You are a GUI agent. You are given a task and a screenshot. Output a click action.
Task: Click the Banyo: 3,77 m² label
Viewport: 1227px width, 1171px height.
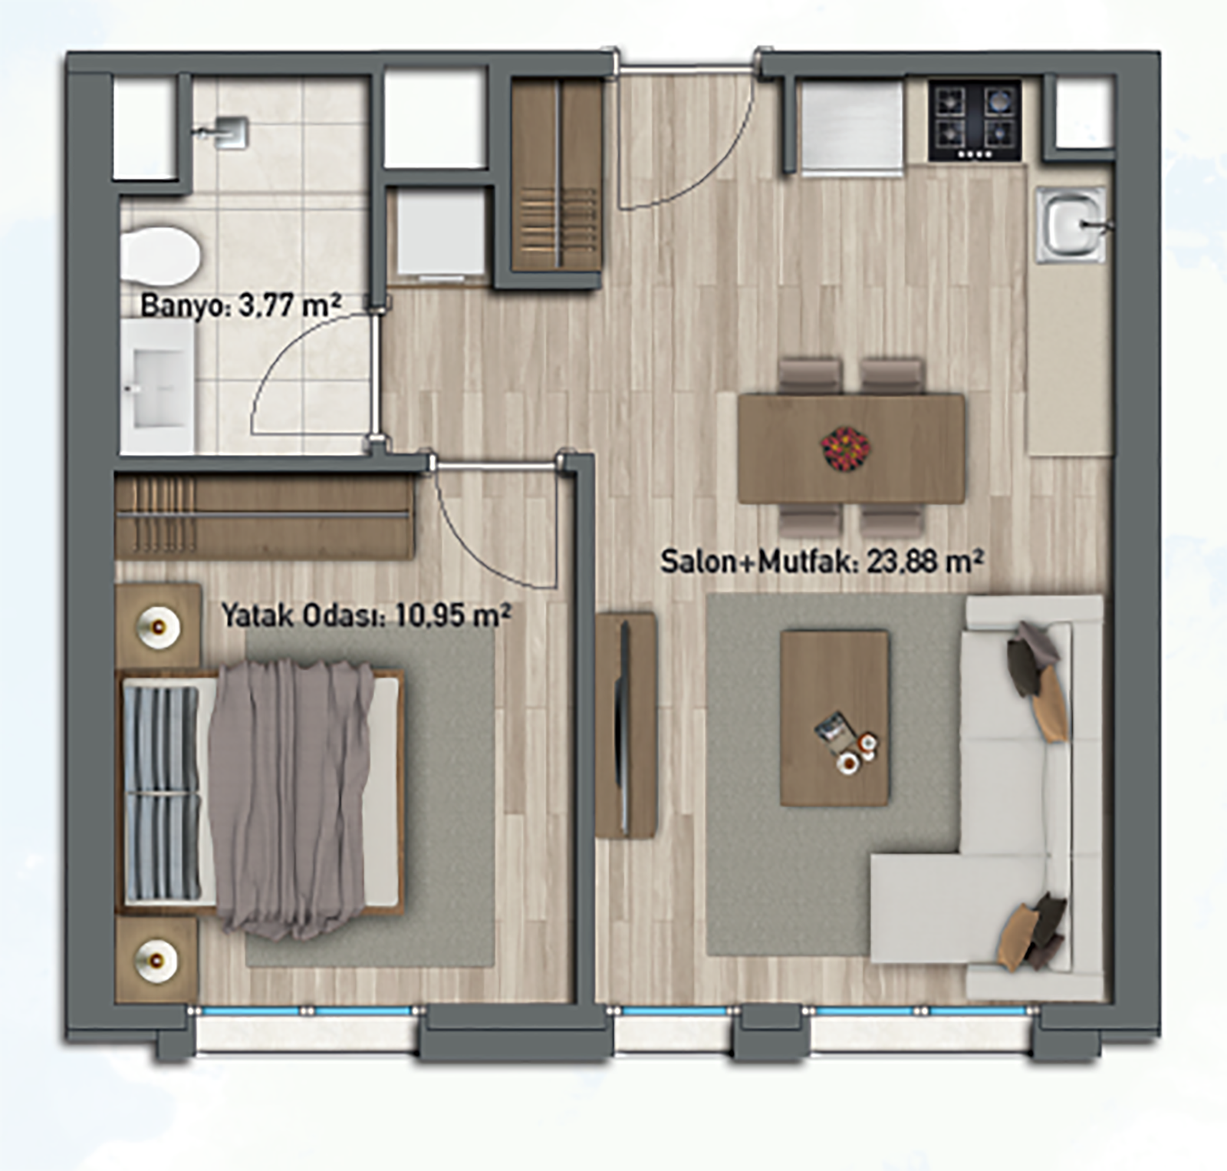pos(240,305)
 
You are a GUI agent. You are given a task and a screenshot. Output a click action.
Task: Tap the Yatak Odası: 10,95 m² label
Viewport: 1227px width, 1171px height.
pos(367,615)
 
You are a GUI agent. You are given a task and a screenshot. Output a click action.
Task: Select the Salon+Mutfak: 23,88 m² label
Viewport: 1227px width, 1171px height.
pos(822,562)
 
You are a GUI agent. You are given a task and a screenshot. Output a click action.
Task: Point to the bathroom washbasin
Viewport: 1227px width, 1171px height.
pos(156,384)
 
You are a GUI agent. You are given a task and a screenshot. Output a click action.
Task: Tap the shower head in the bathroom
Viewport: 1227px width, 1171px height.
pos(227,131)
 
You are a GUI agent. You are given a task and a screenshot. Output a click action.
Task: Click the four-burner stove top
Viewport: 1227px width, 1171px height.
pos(975,120)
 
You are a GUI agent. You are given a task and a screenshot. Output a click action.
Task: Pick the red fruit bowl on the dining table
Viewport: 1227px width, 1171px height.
pos(846,447)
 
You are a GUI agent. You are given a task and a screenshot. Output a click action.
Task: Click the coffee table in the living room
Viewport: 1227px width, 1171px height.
pos(834,717)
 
